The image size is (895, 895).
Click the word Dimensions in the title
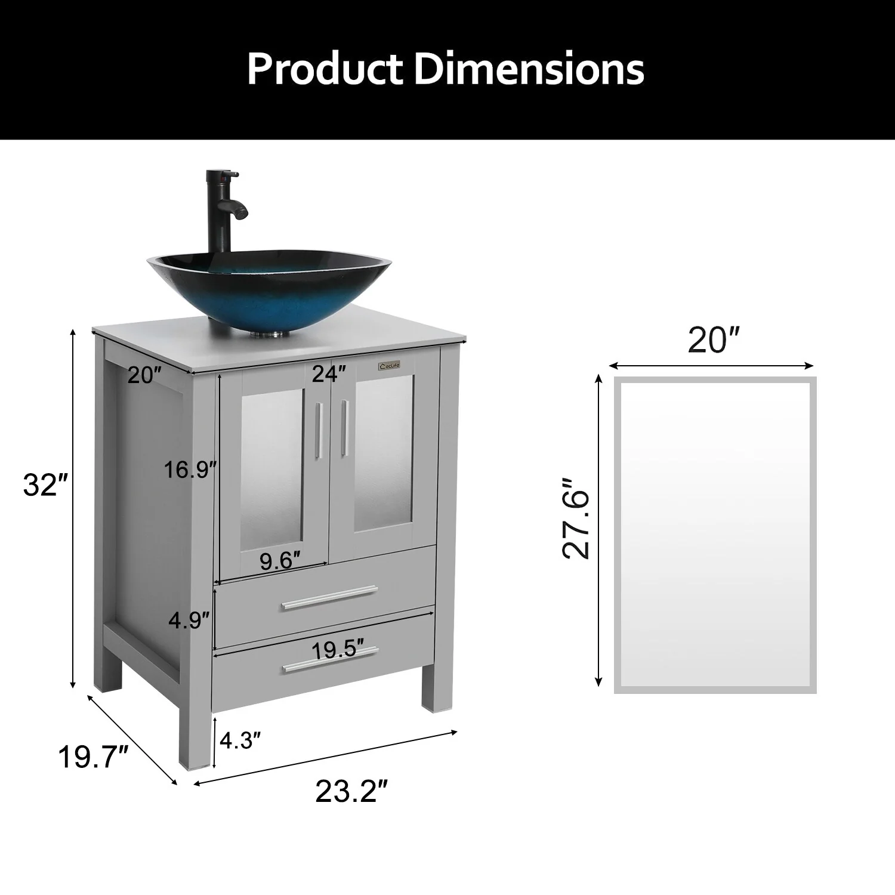click(529, 69)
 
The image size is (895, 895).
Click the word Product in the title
click(326, 69)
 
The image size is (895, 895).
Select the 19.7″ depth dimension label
click(94, 758)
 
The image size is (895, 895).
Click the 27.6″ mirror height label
click(576, 517)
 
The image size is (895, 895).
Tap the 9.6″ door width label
click(280, 561)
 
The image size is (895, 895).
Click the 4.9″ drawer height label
click(189, 620)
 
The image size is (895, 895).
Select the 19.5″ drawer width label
click(338, 650)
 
